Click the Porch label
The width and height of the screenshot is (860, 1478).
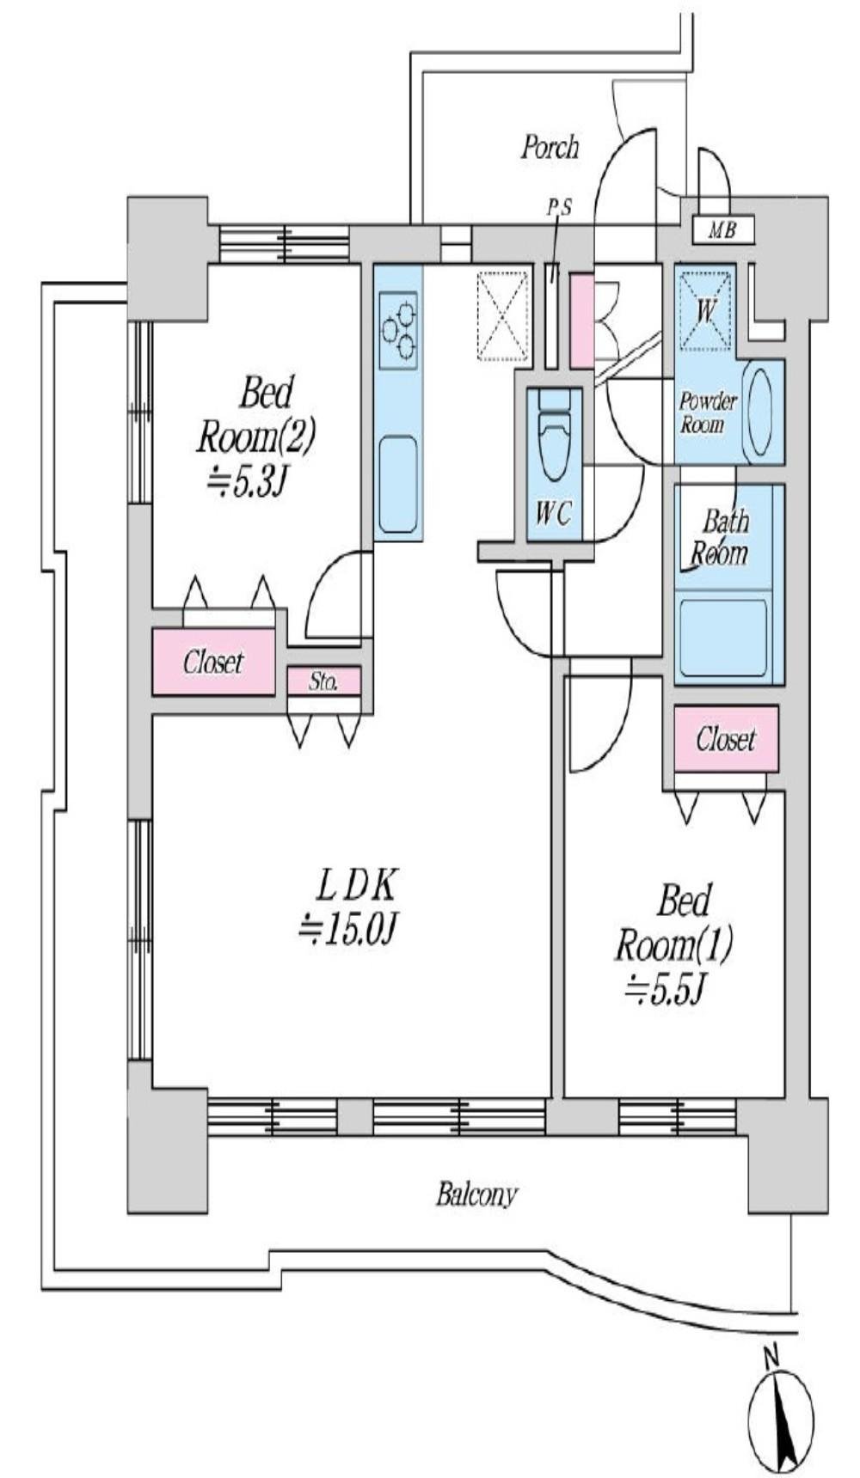tap(550, 147)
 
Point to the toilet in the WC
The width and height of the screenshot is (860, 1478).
tap(554, 435)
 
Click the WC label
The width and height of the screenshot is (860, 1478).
tap(553, 513)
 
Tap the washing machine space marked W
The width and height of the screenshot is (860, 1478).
tap(705, 310)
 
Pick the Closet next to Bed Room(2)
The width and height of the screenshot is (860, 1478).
tap(213, 662)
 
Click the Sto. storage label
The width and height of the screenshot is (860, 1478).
tap(323, 682)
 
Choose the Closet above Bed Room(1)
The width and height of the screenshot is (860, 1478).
tap(726, 739)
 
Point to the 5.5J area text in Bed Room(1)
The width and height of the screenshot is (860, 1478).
tap(665, 990)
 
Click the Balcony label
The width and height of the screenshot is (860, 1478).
tap(476, 1195)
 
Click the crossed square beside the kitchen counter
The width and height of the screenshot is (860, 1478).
tap(503, 315)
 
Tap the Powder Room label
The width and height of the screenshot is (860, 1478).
tap(709, 412)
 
